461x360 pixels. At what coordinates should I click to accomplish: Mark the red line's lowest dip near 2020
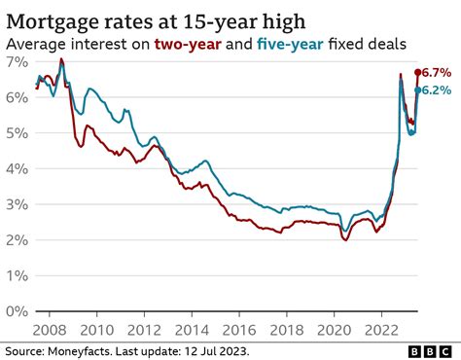(344, 239)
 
